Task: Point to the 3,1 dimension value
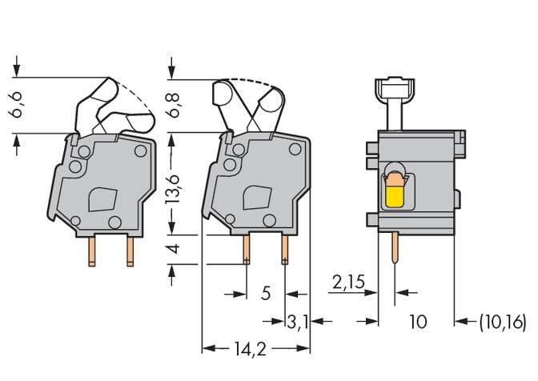[297, 322]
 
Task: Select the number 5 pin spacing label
[265, 294]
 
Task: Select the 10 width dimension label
[418, 322]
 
